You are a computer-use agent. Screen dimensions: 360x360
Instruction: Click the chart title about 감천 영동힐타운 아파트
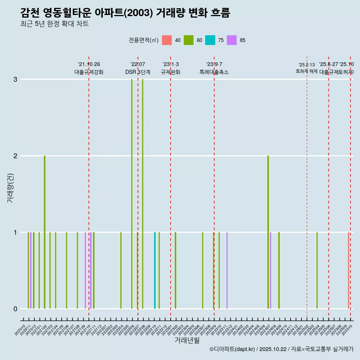coord(125,13)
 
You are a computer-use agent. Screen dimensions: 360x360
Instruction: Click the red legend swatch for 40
coord(167,40)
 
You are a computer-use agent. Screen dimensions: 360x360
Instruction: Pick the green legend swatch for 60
coord(189,40)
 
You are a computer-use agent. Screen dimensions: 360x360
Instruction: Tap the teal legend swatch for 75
coord(210,40)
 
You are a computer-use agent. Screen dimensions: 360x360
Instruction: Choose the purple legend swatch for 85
coord(232,40)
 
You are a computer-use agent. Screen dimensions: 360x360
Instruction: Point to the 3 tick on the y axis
coord(15,79)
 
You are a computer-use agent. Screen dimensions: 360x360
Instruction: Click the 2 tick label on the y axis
coord(15,156)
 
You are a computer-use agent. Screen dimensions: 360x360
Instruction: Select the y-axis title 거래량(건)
coord(10,187)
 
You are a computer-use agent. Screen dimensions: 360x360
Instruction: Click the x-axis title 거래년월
coord(187,340)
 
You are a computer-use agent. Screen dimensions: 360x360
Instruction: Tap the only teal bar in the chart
coord(155,270)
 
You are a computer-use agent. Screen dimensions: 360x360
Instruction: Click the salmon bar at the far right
coord(348,270)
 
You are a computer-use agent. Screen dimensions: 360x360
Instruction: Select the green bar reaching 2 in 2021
coord(45,232)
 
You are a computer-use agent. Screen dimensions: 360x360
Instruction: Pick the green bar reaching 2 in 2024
coord(268,232)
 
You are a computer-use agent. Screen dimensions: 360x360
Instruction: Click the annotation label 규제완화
coord(171,72)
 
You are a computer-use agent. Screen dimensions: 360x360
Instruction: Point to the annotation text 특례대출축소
coord(214,72)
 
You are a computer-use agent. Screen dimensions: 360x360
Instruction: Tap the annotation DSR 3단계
coord(138,72)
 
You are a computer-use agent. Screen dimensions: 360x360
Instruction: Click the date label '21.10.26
coord(89,64)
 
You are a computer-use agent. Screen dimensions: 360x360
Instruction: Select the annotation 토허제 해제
coord(307,71)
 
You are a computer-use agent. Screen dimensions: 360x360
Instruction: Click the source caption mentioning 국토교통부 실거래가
coord(281,349)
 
